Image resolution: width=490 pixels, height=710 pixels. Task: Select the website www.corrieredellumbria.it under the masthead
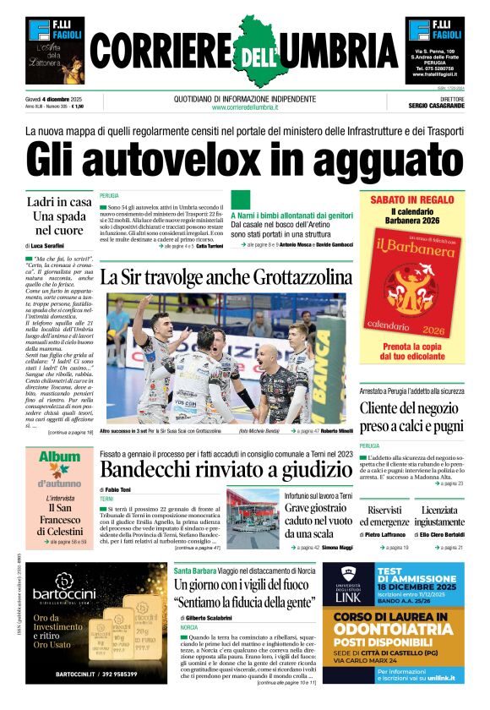[245, 107]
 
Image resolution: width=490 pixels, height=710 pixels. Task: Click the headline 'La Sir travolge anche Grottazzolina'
[226, 276]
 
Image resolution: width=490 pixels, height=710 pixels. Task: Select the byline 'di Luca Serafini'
[51, 244]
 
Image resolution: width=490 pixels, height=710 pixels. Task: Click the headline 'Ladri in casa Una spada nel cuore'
[59, 216]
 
